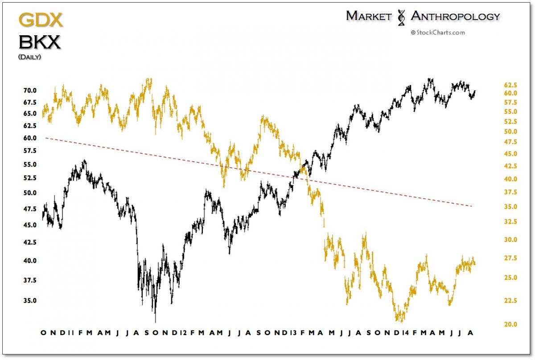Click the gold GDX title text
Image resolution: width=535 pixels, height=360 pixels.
pos(40,20)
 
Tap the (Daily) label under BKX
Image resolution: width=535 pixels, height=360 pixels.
pos(29,57)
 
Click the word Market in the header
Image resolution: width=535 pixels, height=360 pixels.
pos(368,16)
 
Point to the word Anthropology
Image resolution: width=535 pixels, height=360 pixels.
pos(455,16)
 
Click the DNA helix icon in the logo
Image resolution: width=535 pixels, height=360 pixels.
pos(401,17)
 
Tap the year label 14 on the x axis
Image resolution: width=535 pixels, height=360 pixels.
pos(405,333)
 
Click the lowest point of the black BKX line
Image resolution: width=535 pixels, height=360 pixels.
pos(155,322)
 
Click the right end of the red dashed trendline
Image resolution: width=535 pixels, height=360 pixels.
pos(472,206)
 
